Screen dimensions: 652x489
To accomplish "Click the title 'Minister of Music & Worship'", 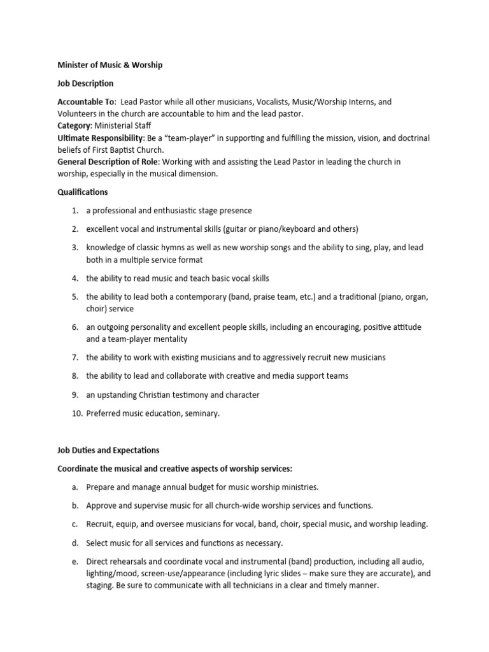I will coord(110,64).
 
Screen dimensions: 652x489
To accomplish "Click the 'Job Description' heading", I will coord(85,83).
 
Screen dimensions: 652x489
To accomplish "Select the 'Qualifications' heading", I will coord(82,192).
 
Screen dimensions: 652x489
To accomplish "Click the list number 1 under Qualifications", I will coord(74,211).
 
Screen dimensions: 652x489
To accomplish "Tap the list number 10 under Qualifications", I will coord(74,413).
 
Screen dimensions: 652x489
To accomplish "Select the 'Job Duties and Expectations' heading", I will coord(108,450).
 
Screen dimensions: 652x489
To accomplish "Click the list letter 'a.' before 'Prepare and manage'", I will coord(74,487).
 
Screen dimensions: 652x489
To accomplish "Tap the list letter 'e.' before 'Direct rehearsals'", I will coord(74,562).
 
